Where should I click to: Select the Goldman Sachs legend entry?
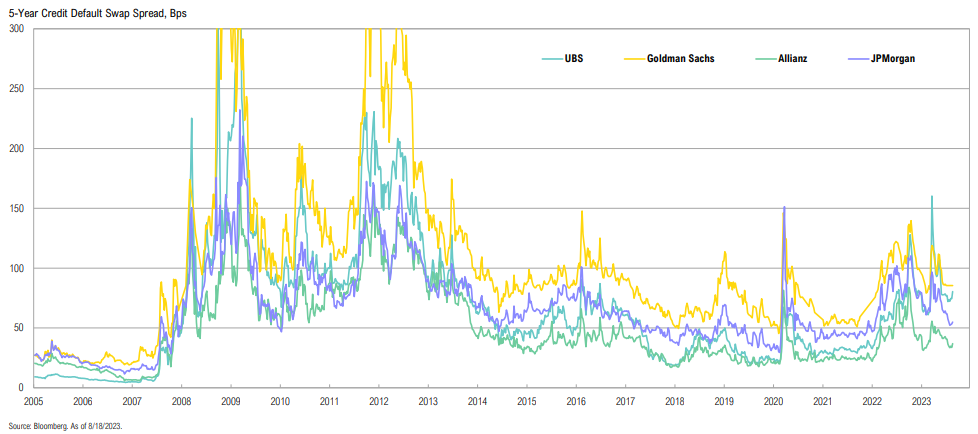point(679,59)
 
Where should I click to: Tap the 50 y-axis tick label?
point(18,328)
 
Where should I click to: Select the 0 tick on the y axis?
point(21,388)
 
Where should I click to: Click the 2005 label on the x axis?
point(33,400)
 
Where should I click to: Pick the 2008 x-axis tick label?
point(181,400)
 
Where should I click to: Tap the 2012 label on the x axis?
point(378,400)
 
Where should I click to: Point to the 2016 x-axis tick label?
point(575,400)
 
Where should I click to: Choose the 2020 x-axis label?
point(772,400)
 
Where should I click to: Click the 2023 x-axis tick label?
point(920,400)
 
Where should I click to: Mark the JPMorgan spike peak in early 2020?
point(783,207)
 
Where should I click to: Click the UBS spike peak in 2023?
point(932,196)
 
